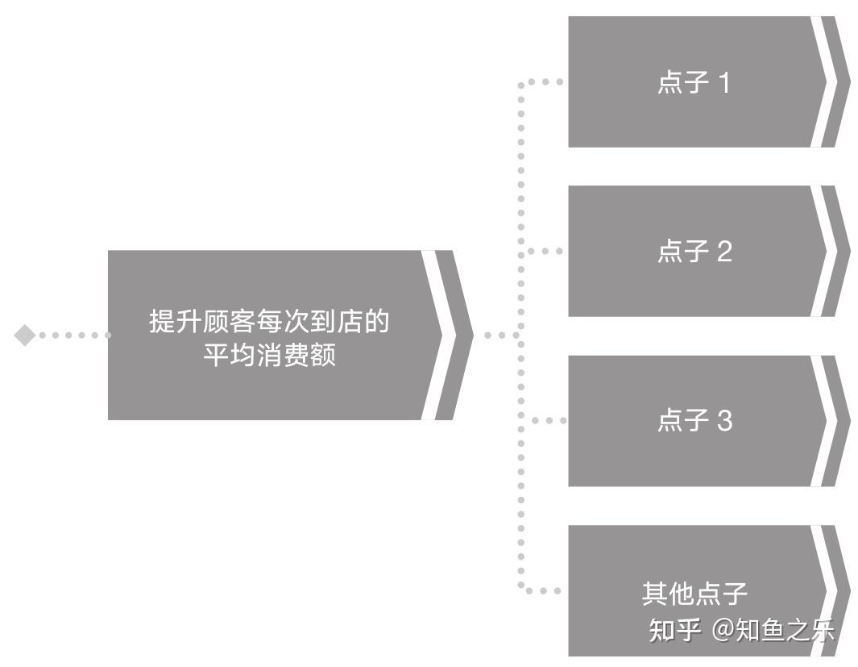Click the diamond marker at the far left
point(25,335)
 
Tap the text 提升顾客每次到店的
point(269,321)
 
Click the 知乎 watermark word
point(674,630)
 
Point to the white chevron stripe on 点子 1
point(830,81)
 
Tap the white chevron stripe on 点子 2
point(830,251)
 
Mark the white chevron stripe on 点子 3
point(830,420)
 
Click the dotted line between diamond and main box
point(73,335)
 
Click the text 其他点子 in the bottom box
point(694,594)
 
